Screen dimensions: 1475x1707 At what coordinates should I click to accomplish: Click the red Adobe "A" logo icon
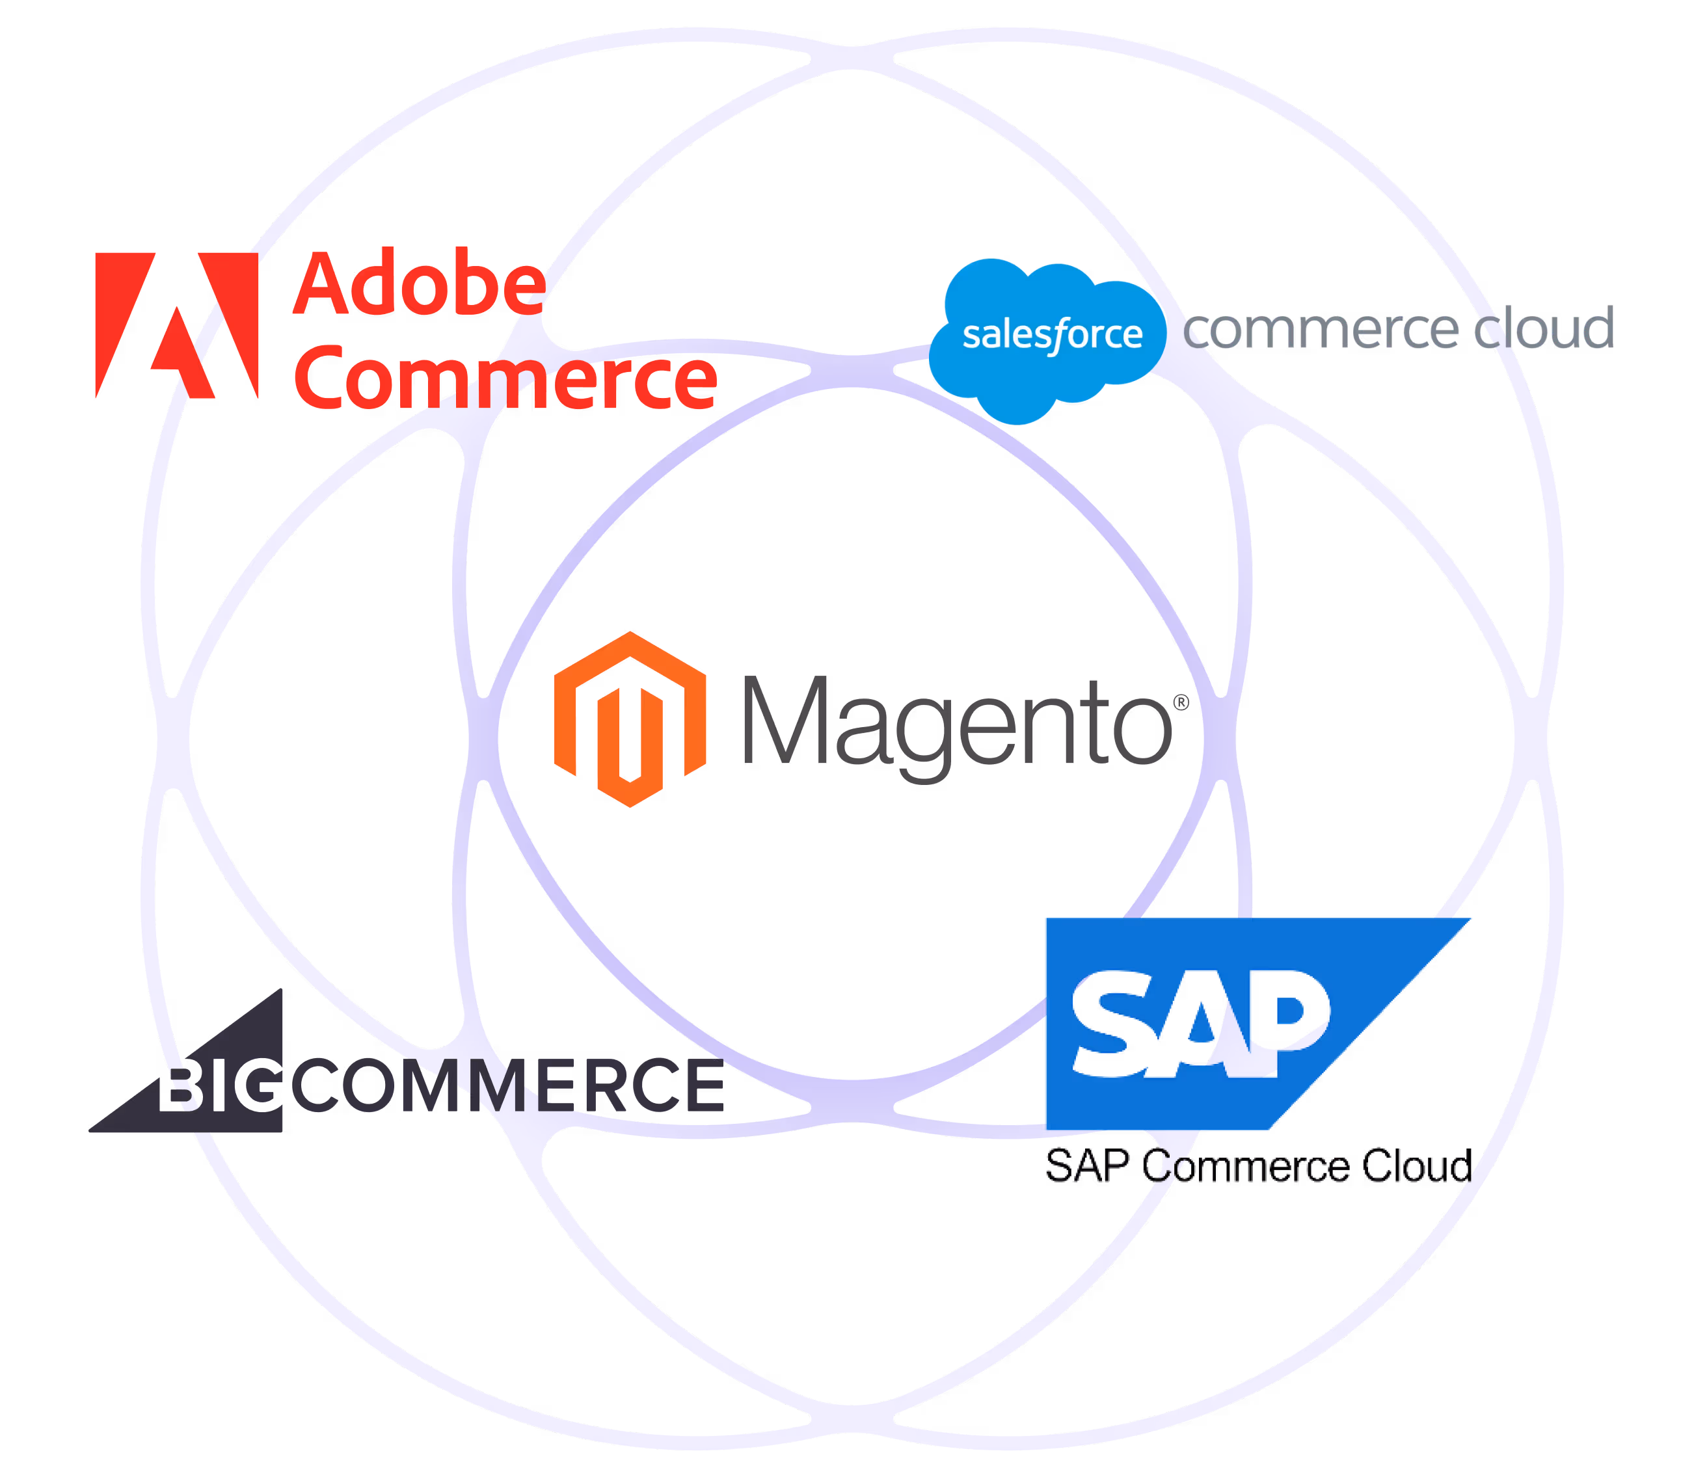(176, 325)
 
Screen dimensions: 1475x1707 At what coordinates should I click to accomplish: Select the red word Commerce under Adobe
(505, 380)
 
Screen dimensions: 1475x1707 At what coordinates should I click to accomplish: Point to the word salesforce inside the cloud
(1052, 334)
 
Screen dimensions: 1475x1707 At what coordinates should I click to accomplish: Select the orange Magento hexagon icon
(630, 719)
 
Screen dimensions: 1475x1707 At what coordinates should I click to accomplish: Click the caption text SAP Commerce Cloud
(1256, 1166)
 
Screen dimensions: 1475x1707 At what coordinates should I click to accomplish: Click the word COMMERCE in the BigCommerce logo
(507, 1085)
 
